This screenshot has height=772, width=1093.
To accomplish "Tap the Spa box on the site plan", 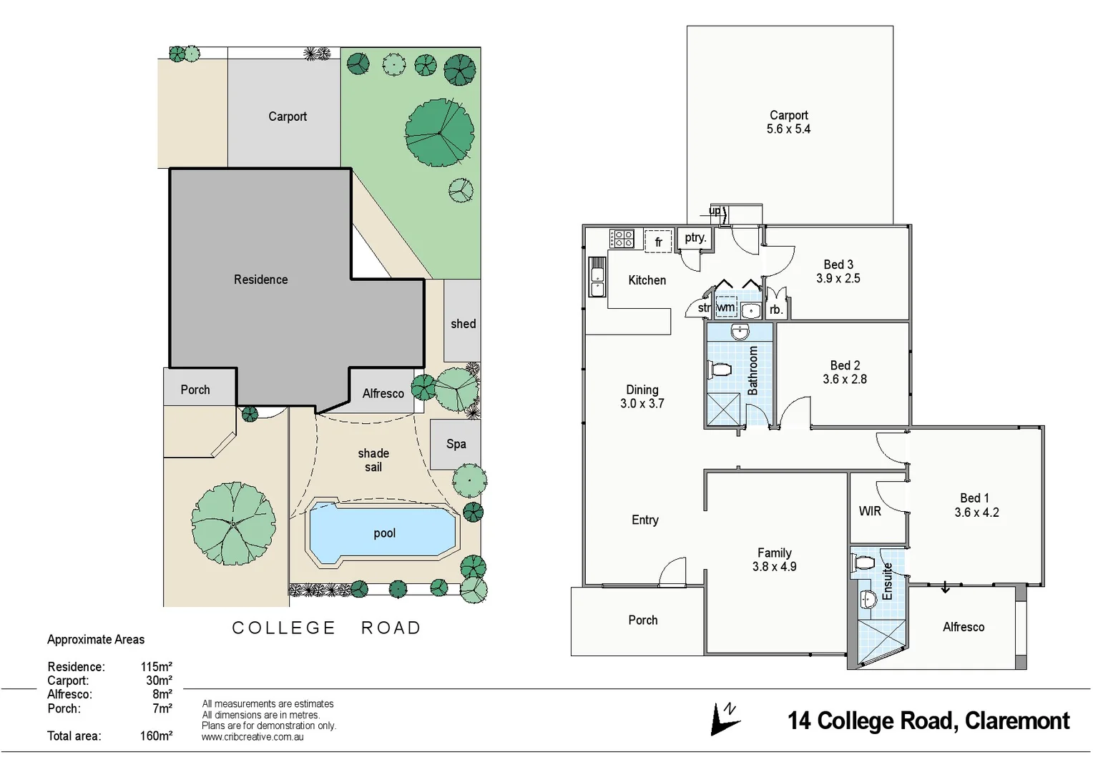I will [x=456, y=444].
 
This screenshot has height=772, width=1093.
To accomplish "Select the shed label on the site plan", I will [x=463, y=324].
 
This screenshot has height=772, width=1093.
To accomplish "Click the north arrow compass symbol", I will [x=725, y=718].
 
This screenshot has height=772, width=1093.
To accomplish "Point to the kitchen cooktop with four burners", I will [x=621, y=239].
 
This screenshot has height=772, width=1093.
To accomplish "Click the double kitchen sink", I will [x=597, y=277].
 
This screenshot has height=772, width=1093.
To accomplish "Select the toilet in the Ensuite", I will [x=863, y=563].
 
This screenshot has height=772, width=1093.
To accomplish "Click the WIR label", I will [x=870, y=511].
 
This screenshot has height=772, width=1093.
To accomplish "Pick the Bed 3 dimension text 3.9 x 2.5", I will [x=838, y=279].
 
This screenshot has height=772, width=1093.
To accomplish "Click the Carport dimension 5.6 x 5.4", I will [x=788, y=129].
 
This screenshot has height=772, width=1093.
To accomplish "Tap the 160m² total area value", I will [x=156, y=736].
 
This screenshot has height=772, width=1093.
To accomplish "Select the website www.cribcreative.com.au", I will [x=253, y=737].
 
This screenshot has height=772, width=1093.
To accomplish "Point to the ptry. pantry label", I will [x=695, y=238].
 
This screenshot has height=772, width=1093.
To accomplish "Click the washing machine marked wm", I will [x=725, y=307].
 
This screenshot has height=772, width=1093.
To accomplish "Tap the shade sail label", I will [x=373, y=460].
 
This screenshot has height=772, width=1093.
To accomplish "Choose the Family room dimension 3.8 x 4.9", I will [x=774, y=567].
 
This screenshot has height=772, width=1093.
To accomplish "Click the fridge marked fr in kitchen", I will [x=658, y=242].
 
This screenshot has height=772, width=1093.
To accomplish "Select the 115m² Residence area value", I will [x=156, y=667].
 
